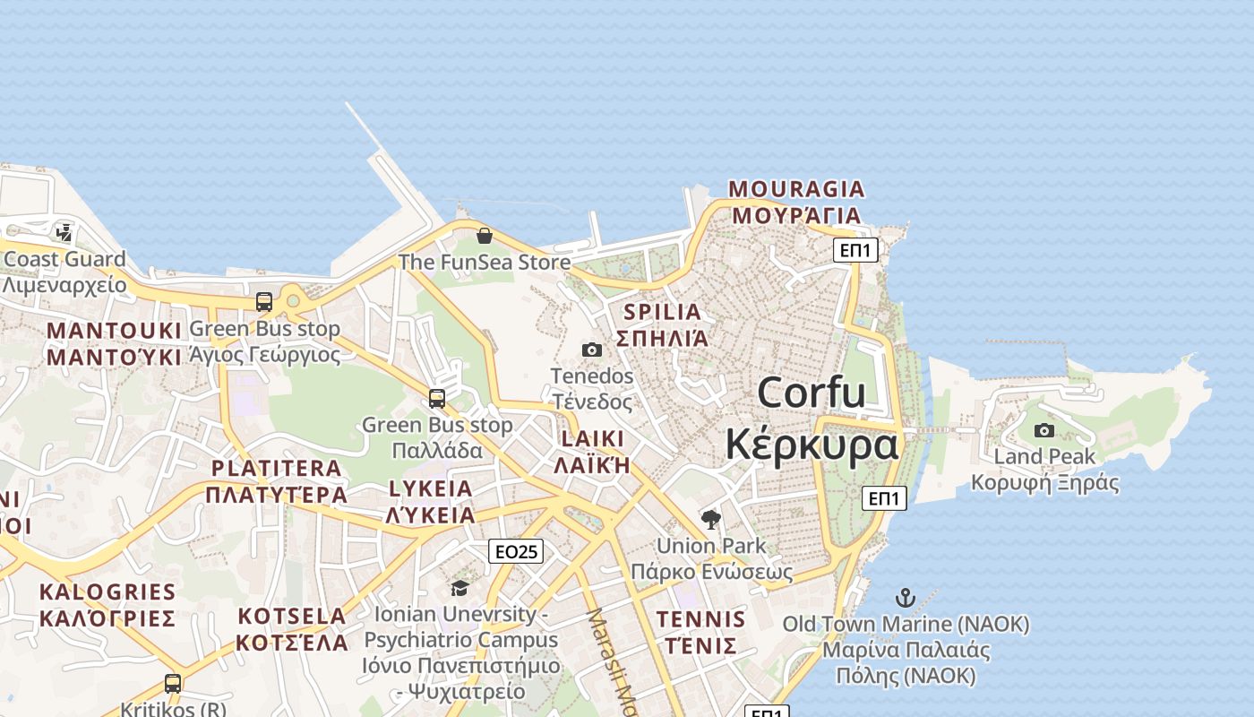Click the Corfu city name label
pos(811,419)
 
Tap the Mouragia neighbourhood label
pos(796,203)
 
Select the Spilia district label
pos(663,325)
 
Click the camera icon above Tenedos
pos(592,350)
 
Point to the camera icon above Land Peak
pos(1044,431)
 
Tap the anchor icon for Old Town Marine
pos(906,598)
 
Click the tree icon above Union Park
pos(711,520)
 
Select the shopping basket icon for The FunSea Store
pos(485,236)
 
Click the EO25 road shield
pos(516,551)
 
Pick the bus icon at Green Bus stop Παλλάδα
pos(437,398)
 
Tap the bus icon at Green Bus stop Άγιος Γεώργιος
pos(264,302)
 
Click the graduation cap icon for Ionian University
pos(460,588)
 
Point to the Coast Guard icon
pos(64,233)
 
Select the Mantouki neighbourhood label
pos(114,344)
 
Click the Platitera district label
pos(276,481)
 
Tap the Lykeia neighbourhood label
pos(430,502)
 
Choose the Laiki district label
pos(592,452)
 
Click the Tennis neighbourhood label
pos(700,633)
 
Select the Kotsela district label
pos(292,629)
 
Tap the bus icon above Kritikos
pos(173,684)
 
